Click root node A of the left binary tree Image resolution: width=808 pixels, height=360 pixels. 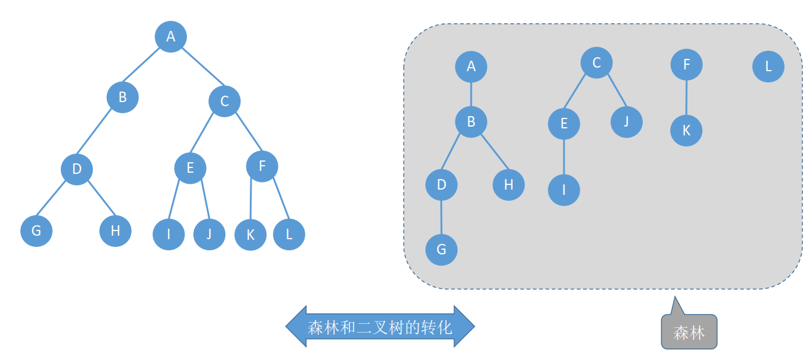(x=170, y=36)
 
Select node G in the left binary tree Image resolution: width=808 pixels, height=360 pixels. (x=36, y=230)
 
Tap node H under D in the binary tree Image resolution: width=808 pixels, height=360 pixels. (x=115, y=230)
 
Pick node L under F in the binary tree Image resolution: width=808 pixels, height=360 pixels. (x=289, y=234)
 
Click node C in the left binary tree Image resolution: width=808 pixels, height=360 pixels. (x=224, y=102)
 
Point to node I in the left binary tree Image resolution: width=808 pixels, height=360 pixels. (x=169, y=234)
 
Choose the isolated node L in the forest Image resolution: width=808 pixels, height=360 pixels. (x=768, y=66)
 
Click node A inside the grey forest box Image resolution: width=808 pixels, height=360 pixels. (x=471, y=66)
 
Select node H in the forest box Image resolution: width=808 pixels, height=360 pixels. (x=509, y=184)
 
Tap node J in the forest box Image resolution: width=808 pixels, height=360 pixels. (x=626, y=122)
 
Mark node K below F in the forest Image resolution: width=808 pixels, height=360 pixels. (x=686, y=130)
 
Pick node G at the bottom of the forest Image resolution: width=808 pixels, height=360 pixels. (x=441, y=249)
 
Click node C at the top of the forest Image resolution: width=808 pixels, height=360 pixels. (x=596, y=62)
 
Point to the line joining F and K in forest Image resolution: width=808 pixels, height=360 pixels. (x=687, y=97)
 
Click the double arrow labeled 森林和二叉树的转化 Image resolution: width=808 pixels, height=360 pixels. (x=380, y=327)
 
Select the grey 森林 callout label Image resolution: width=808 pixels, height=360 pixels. (x=689, y=333)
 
